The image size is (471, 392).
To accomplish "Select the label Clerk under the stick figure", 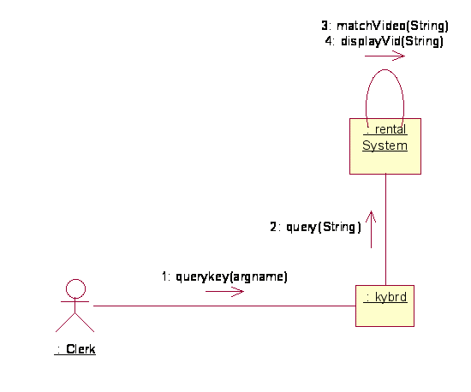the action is click(80, 349).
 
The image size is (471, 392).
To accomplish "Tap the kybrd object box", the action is click(385, 306).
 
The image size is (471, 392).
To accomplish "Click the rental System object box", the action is click(385, 146).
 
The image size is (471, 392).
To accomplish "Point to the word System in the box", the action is click(385, 146).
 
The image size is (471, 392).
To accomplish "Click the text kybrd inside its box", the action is click(391, 297).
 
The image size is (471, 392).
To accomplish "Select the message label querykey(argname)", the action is click(231, 276).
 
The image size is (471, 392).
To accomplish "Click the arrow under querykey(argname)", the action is click(224, 291).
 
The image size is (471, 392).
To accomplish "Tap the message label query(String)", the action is click(323, 227).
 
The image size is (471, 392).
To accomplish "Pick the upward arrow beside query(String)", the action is click(372, 229).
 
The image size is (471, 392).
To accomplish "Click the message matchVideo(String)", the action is click(392, 26).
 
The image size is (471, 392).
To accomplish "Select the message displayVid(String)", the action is click(392, 41).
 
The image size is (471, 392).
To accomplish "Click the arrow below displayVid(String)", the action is click(385, 56).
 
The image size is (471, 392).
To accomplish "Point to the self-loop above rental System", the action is click(385, 70).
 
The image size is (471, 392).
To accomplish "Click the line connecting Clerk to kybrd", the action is click(224, 306).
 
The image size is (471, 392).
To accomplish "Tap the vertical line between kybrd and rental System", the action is click(385, 229).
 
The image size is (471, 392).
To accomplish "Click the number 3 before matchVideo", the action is click(325, 26).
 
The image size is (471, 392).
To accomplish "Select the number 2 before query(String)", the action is click(273, 227).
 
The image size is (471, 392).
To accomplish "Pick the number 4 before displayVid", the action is click(329, 41).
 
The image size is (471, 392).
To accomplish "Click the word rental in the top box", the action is click(391, 129).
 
